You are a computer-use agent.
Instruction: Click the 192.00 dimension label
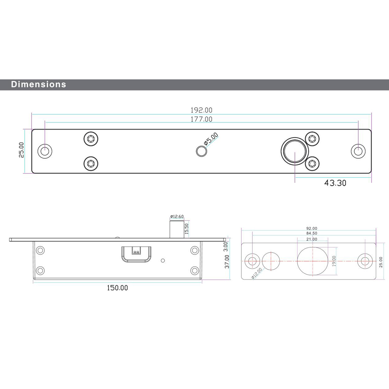tap(202, 110)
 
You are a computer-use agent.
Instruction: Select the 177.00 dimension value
tap(202, 119)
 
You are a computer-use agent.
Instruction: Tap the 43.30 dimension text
tap(335, 183)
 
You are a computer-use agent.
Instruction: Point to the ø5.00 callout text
tap(211, 139)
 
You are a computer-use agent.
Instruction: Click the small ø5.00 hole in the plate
tap(202, 151)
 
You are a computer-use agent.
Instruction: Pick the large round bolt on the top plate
tap(295, 151)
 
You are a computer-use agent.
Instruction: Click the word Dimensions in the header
tap(39, 84)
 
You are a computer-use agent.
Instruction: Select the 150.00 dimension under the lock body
tap(117, 288)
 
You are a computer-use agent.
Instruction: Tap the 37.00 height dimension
tap(227, 261)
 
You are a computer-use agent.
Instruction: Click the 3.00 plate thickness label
tap(226, 247)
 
